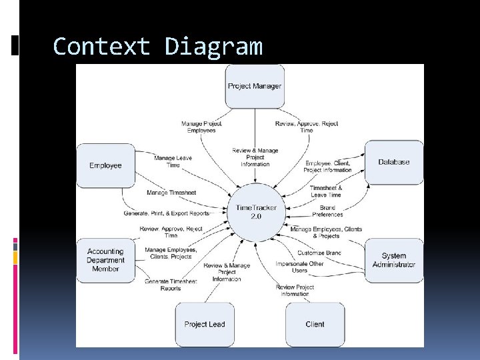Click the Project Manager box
coord(255,86)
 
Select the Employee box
coord(105,165)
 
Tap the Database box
coord(393,162)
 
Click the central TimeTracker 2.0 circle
coord(255,212)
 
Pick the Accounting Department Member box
coord(105,260)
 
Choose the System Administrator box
coord(393,260)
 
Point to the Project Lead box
coord(205,324)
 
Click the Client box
coord(315,324)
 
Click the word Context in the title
coord(102,47)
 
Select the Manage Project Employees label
coord(201,127)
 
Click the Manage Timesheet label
coord(171,193)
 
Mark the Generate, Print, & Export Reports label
coord(166,213)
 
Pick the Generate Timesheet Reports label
coord(171,285)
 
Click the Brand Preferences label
coord(327,211)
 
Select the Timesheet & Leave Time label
coord(326,191)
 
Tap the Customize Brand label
coord(319,253)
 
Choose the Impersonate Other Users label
coord(299,267)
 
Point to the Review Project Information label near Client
coord(295,290)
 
